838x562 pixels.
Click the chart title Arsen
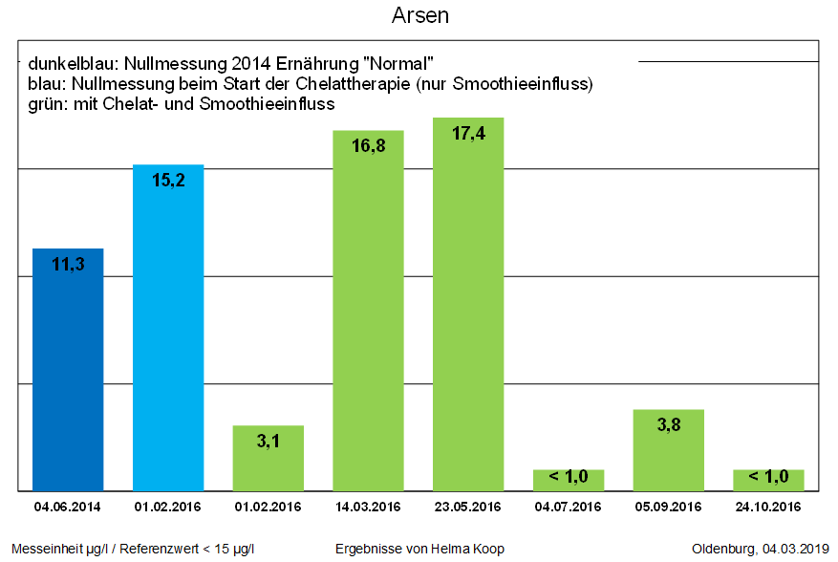click(419, 16)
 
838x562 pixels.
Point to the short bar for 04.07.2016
click(569, 480)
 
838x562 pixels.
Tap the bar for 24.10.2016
click(768, 480)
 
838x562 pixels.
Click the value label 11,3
click(68, 265)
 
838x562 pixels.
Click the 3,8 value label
click(669, 425)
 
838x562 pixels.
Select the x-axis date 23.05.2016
click(468, 507)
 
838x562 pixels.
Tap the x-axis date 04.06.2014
click(68, 507)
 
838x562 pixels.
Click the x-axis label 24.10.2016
click(768, 507)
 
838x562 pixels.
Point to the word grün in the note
click(45, 104)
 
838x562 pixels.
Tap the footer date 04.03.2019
click(796, 549)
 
